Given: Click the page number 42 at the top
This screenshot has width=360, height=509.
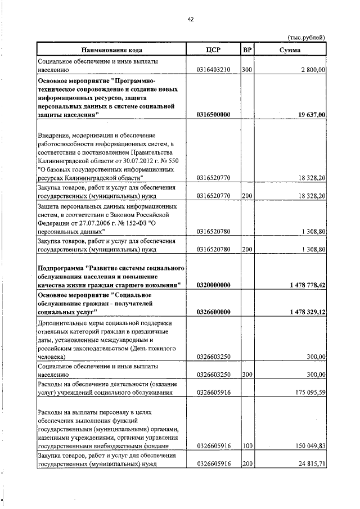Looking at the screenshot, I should tap(190, 19).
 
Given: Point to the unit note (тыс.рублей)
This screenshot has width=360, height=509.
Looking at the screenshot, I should tap(306, 38).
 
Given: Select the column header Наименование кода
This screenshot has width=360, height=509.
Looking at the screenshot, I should tap(110, 49).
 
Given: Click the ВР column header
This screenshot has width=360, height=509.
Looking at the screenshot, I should tap(247, 49).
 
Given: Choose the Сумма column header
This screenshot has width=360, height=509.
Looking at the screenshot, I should tap(290, 49).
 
